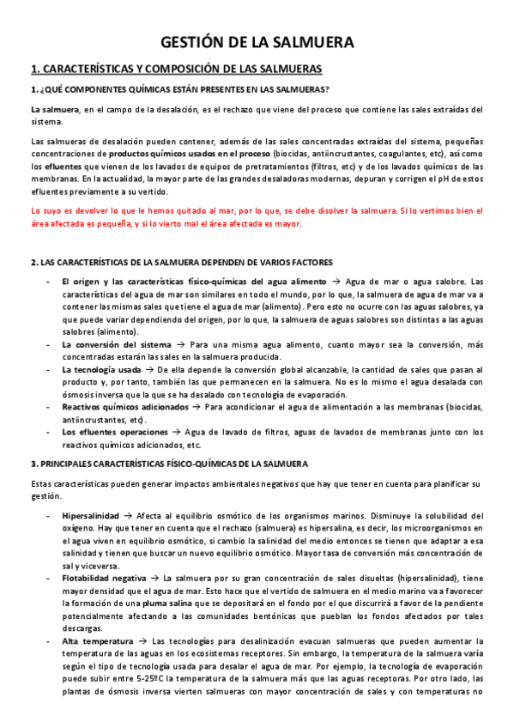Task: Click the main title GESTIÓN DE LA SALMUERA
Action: pyautogui.click(x=257, y=42)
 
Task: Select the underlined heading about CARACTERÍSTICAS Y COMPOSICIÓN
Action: pyautogui.click(x=176, y=69)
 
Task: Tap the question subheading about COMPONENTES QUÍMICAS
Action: pyautogui.click(x=179, y=90)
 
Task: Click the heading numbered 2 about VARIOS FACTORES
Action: pyautogui.click(x=181, y=261)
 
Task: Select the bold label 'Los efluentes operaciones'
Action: pyautogui.click(x=116, y=432)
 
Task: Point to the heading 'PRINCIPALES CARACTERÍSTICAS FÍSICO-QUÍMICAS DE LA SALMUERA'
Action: pyautogui.click(x=169, y=464)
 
